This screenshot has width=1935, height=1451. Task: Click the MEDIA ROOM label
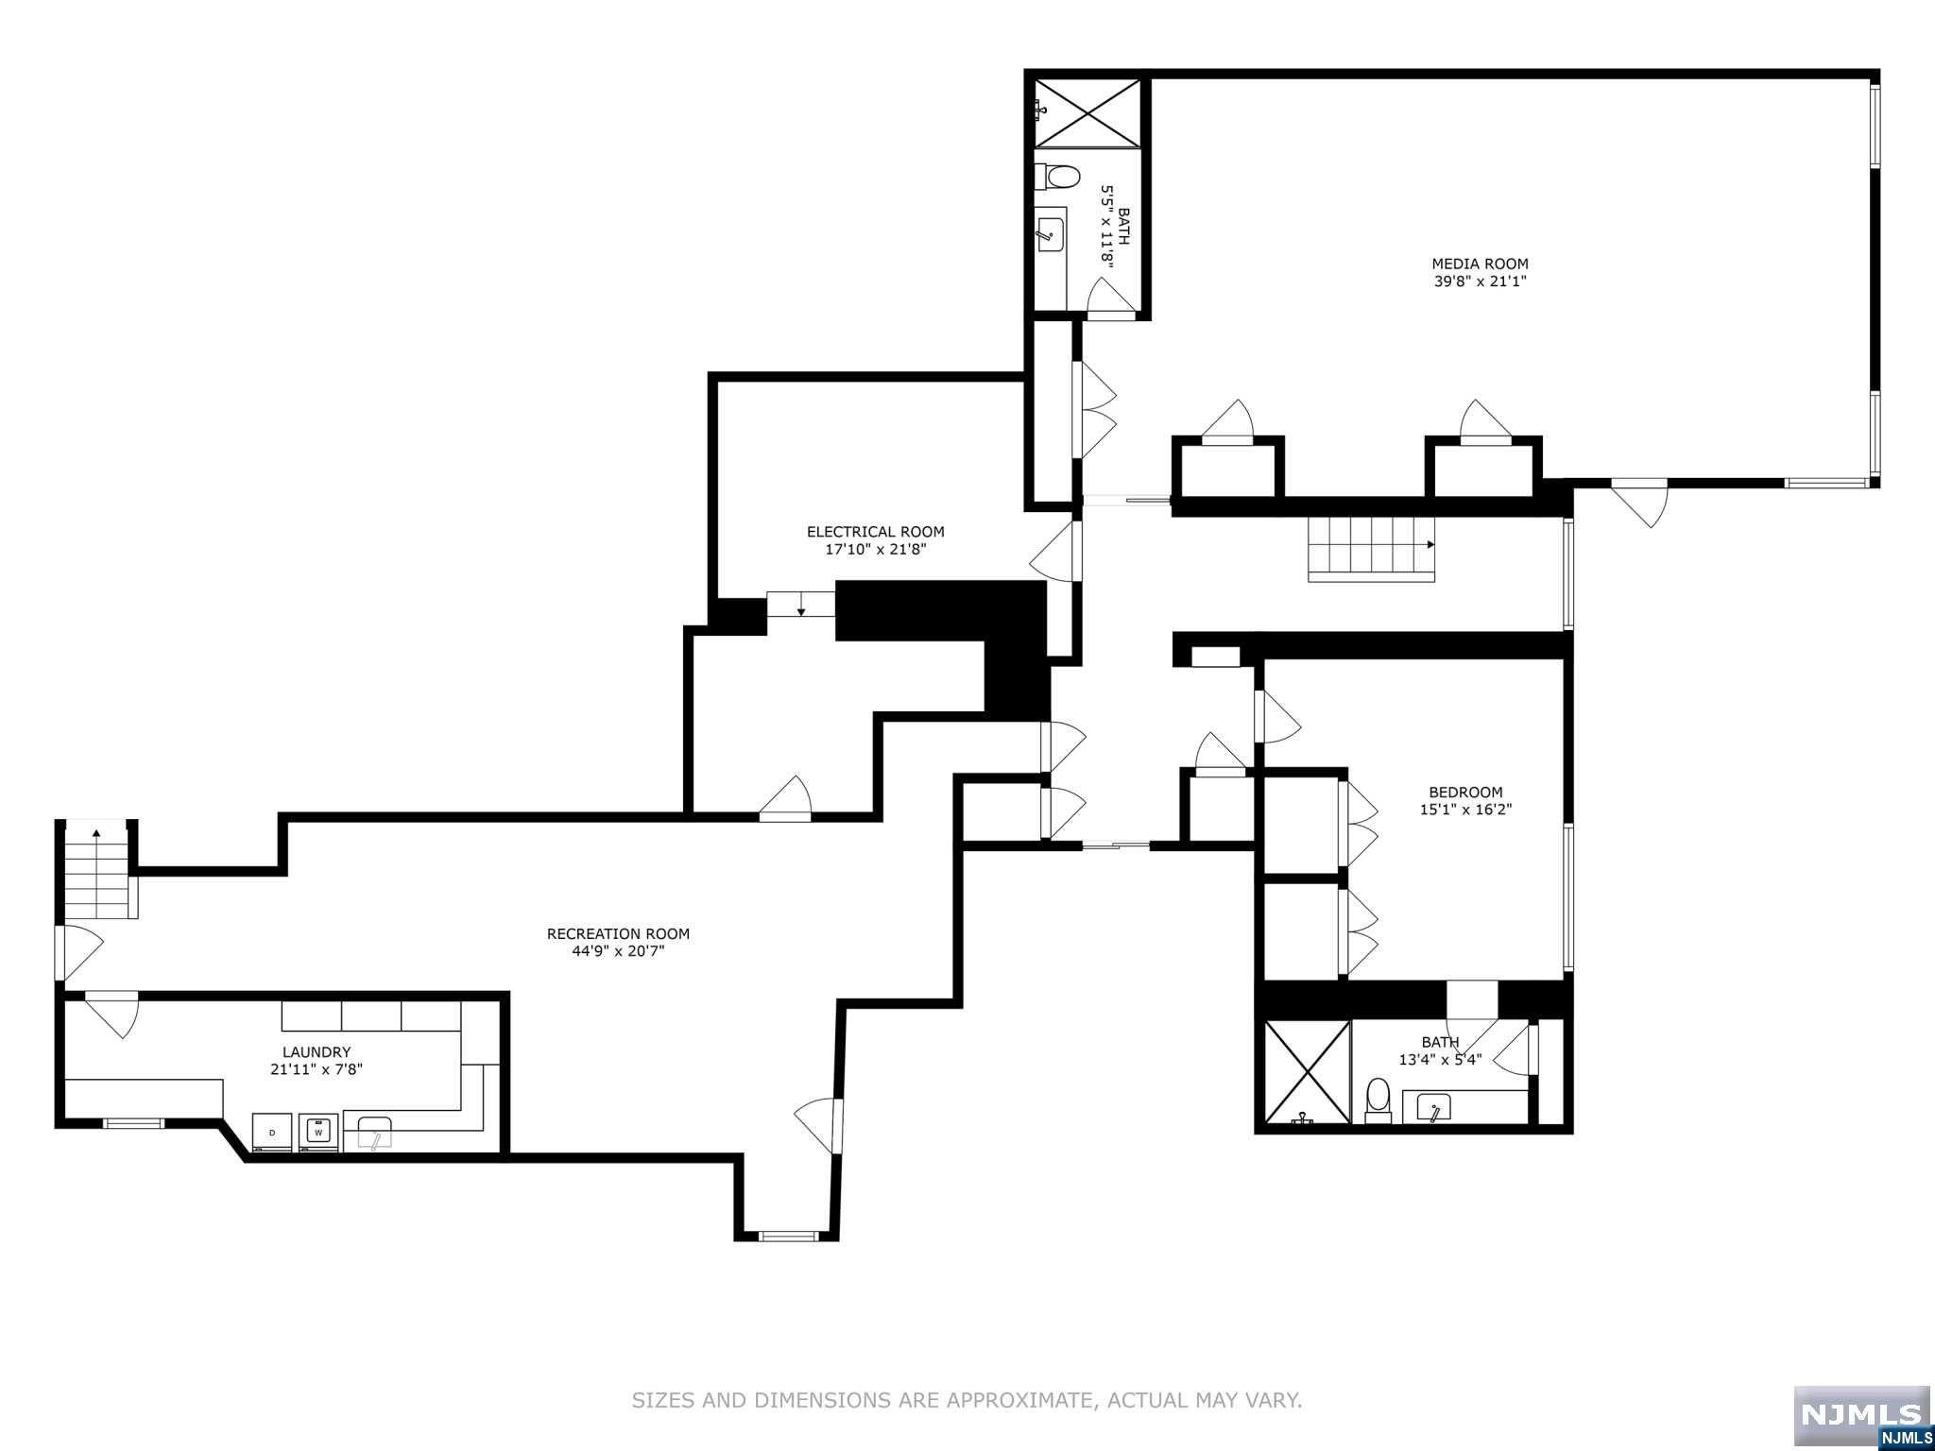tap(1480, 264)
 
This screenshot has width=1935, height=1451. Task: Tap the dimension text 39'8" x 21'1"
tap(1480, 282)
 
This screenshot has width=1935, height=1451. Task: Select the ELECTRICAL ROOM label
tap(875, 532)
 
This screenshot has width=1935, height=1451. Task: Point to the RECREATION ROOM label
tap(618, 933)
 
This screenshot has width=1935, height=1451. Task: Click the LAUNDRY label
tap(317, 1051)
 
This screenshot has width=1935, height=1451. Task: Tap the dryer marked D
tap(273, 1132)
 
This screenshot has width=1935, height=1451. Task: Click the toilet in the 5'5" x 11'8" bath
tap(1060, 177)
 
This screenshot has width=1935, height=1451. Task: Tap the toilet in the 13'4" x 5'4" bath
tap(1378, 1100)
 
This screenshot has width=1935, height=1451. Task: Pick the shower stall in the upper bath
tap(1087, 113)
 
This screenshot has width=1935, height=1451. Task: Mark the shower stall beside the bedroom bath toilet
tap(1308, 1072)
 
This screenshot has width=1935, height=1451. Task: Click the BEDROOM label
tap(1465, 793)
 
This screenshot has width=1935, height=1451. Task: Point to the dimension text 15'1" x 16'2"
tap(1465, 810)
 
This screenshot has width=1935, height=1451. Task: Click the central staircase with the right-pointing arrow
tap(1370, 549)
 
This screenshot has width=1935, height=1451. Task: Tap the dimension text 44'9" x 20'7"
tap(618, 951)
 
